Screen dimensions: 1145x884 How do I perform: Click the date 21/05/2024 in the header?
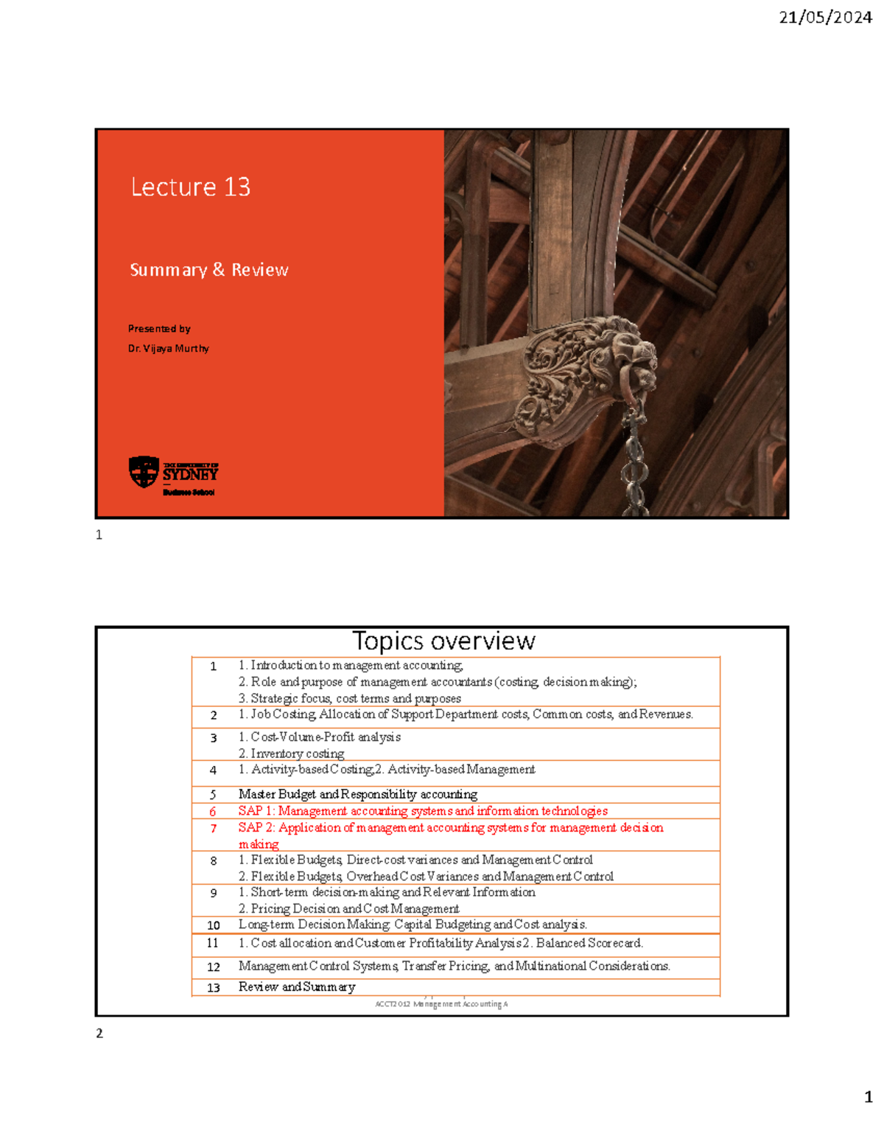pyautogui.click(x=825, y=18)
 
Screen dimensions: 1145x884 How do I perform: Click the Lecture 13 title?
pyautogui.click(x=191, y=187)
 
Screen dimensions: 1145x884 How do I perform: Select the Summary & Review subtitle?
pyautogui.click(x=209, y=270)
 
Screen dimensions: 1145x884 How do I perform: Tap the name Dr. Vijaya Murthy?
pyautogui.click(x=169, y=349)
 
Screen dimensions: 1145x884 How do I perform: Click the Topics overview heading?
pyautogui.click(x=443, y=641)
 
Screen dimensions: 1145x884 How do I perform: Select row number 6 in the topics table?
pyautogui.click(x=213, y=812)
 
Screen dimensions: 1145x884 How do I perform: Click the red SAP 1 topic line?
pyautogui.click(x=423, y=811)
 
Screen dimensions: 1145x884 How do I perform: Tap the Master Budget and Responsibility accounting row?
pyautogui.click(x=358, y=794)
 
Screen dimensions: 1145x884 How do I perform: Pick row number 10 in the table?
pyautogui.click(x=214, y=925)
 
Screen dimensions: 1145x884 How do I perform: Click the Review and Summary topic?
pyautogui.click(x=297, y=987)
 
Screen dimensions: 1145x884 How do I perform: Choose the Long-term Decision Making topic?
pyautogui.click(x=413, y=925)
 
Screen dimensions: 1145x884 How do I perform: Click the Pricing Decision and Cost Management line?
pyautogui.click(x=349, y=909)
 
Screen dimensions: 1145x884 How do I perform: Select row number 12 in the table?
pyautogui.click(x=214, y=967)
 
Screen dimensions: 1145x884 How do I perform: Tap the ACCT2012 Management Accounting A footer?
pyautogui.click(x=441, y=1004)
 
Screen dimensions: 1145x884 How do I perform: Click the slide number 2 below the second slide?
pyautogui.click(x=99, y=1034)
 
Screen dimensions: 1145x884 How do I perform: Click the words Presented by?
pyautogui.click(x=159, y=329)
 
